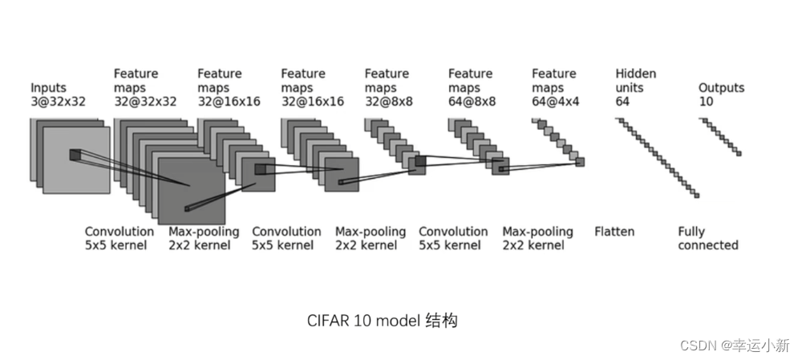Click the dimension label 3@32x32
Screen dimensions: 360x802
[x=58, y=102]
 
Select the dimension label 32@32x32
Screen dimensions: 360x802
[x=145, y=102]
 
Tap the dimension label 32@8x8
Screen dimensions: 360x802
[x=390, y=102]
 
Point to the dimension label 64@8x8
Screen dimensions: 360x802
[x=472, y=102]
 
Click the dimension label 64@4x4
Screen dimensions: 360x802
[x=556, y=102]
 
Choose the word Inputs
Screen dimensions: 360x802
[x=49, y=87]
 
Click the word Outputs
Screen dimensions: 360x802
[x=721, y=87]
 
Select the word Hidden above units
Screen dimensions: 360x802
[x=635, y=74]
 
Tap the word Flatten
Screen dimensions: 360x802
[x=614, y=232]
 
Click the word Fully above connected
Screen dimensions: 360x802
[x=691, y=232]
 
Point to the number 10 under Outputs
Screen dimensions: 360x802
[x=706, y=102]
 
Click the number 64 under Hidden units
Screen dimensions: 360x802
[x=623, y=102]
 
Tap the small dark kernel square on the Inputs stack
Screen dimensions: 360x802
[x=75, y=155]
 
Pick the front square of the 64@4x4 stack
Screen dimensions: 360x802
[x=580, y=162]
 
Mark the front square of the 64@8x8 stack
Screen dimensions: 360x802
[x=500, y=167]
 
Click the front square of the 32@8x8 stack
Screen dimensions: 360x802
[x=418, y=165]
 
